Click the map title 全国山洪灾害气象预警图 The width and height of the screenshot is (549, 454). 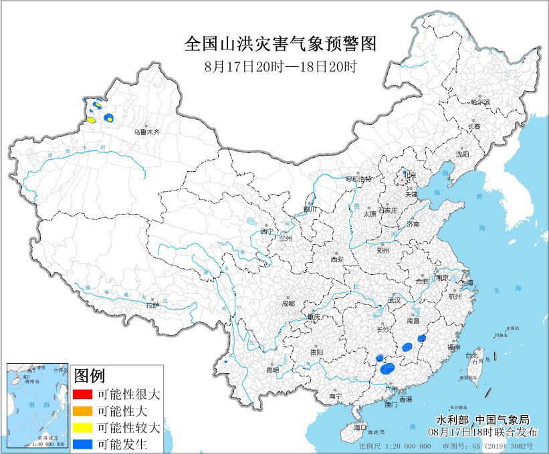pyautogui.click(x=281, y=45)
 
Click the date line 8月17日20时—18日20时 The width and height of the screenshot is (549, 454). pyautogui.click(x=281, y=67)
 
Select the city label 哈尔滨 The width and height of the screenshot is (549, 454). pyautogui.click(x=480, y=102)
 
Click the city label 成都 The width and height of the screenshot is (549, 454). pyautogui.click(x=288, y=303)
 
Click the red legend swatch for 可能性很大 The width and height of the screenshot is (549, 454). pyautogui.click(x=82, y=393)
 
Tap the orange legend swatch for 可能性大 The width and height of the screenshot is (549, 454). pyautogui.click(x=82, y=410)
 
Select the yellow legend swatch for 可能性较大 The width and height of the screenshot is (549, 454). pyautogui.click(x=82, y=427)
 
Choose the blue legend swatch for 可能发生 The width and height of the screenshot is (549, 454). pyautogui.click(x=82, y=443)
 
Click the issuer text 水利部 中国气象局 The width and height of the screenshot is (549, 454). pyautogui.click(x=482, y=420)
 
